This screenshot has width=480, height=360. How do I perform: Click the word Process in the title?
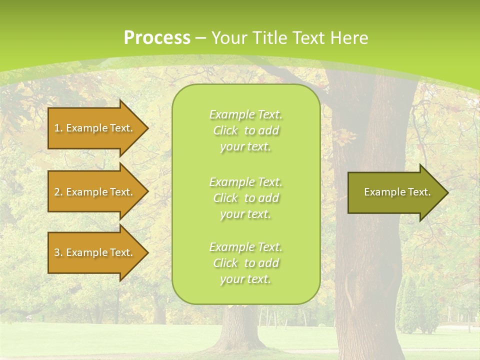click(157, 38)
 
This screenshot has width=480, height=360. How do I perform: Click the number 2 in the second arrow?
click(57, 192)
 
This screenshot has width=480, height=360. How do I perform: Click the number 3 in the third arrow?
click(57, 252)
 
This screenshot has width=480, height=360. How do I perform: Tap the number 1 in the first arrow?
click(56, 128)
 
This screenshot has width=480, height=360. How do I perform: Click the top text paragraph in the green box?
click(245, 130)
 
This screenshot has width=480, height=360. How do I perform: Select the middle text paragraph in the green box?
click(245, 198)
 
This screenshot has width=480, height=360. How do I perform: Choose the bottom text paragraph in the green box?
click(245, 263)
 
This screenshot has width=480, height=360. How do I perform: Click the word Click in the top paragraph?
click(225, 130)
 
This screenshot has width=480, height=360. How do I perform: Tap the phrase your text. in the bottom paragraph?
click(245, 279)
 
